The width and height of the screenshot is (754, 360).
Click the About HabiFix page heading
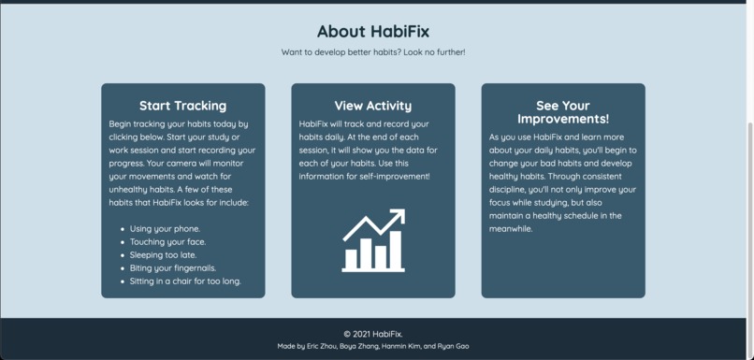point(372,32)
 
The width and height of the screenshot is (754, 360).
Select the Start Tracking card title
point(182,106)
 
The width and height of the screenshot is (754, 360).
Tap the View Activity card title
point(372,106)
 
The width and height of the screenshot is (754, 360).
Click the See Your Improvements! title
point(562,112)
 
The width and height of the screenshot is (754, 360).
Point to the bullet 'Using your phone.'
point(165,228)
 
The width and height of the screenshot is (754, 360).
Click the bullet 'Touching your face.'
point(167,241)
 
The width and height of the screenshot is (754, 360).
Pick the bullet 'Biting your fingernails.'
point(173,267)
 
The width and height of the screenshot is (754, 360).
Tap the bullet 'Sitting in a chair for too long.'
point(185,281)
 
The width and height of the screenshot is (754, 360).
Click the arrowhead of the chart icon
point(398,217)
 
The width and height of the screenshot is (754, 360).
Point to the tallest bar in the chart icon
point(396,249)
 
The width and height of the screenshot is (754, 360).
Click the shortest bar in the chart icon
point(351,258)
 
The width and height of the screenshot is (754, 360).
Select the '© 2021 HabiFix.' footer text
point(372,334)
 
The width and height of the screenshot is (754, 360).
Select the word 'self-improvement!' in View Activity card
point(393,176)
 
